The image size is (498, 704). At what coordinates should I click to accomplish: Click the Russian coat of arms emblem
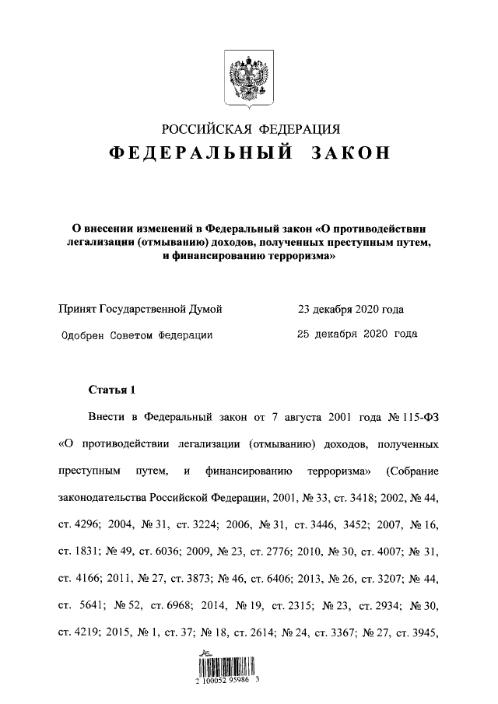pos(248,78)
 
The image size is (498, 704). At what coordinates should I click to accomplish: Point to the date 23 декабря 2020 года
pos(350,310)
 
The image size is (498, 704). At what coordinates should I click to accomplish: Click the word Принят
pos(78,310)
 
